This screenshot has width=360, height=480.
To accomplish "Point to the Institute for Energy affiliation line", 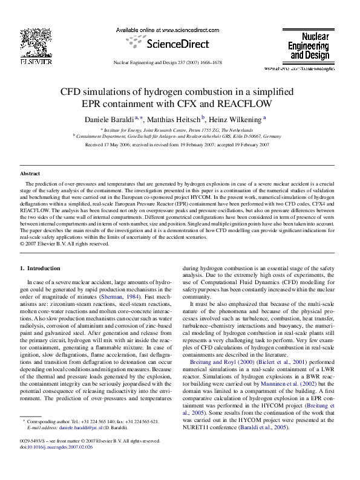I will pos(180,130).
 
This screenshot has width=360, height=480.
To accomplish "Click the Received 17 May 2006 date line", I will pos(180,145).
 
